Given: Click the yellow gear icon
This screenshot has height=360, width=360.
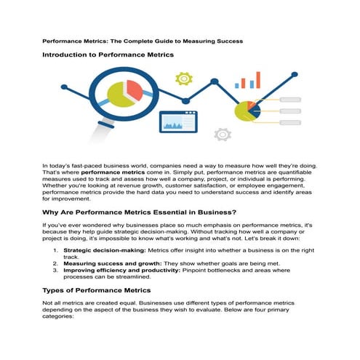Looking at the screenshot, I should tap(183, 77).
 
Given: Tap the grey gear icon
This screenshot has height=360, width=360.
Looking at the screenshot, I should tap(222, 134).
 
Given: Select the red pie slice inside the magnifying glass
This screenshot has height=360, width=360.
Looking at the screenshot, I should tap(134, 91).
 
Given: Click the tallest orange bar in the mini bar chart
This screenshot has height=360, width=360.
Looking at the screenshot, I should tap(257, 79).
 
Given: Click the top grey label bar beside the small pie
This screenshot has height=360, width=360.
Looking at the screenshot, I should tap(289, 100).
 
